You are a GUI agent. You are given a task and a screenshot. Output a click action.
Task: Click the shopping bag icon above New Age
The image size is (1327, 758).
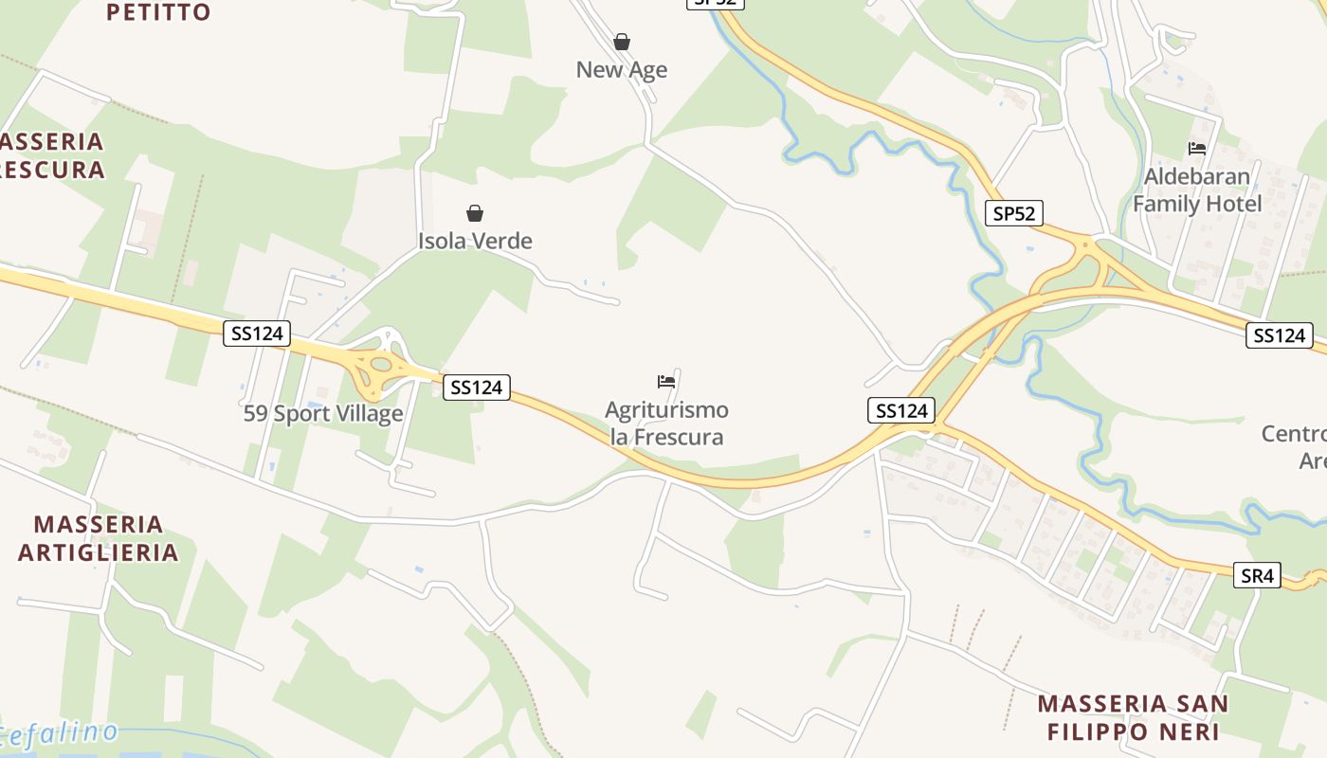pos(622,42)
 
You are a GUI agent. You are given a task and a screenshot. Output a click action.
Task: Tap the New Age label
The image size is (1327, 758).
pos(622,69)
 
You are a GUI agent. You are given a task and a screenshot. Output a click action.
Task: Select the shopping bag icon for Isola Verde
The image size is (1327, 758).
pos(475,213)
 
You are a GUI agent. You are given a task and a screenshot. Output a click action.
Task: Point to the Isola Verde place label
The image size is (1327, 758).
pos(475,241)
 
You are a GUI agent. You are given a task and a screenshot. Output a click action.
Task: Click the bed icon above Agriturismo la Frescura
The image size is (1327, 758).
pos(666,382)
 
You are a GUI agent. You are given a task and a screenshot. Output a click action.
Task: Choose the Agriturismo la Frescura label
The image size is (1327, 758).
pos(666,424)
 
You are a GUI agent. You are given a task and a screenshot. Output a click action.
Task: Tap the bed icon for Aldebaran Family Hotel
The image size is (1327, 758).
pos(1197,149)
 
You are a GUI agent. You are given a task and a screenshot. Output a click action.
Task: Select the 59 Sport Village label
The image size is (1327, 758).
pos(323,414)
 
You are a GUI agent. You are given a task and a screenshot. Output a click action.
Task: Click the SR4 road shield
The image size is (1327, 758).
pos(1257,575)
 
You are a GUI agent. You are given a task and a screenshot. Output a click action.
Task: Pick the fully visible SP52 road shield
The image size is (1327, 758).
pos(1013,213)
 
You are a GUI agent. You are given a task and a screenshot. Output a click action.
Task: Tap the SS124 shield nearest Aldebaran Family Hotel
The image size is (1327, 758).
pos(1280,334)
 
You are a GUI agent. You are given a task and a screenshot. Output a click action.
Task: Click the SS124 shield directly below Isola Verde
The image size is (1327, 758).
pos(477,387)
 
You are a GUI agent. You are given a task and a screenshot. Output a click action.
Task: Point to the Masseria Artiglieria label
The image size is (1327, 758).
pos(99,538)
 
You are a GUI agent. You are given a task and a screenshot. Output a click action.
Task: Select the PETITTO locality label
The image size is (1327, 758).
pos(158,12)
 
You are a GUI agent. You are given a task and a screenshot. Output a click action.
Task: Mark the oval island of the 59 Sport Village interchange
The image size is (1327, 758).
pos(380,364)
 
